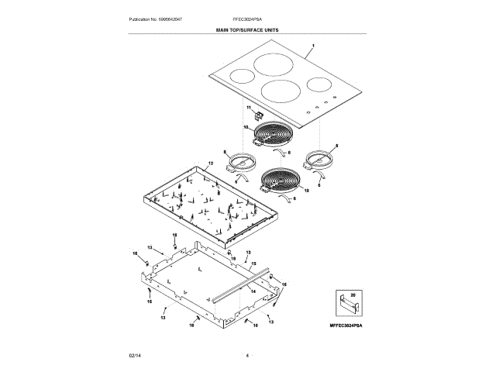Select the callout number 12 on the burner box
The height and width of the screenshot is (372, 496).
(x=210, y=164)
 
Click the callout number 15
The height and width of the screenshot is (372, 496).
(x=253, y=264)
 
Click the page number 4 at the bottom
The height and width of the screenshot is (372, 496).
(x=247, y=355)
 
